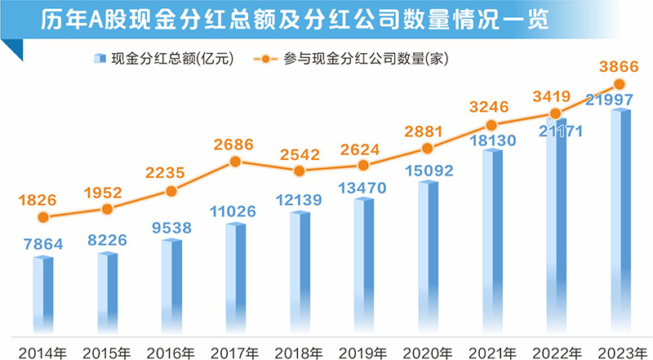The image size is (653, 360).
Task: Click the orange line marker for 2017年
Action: (x=235, y=162)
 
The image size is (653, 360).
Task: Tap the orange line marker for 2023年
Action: (x=620, y=84)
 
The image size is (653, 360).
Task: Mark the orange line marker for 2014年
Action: (x=43, y=217)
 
